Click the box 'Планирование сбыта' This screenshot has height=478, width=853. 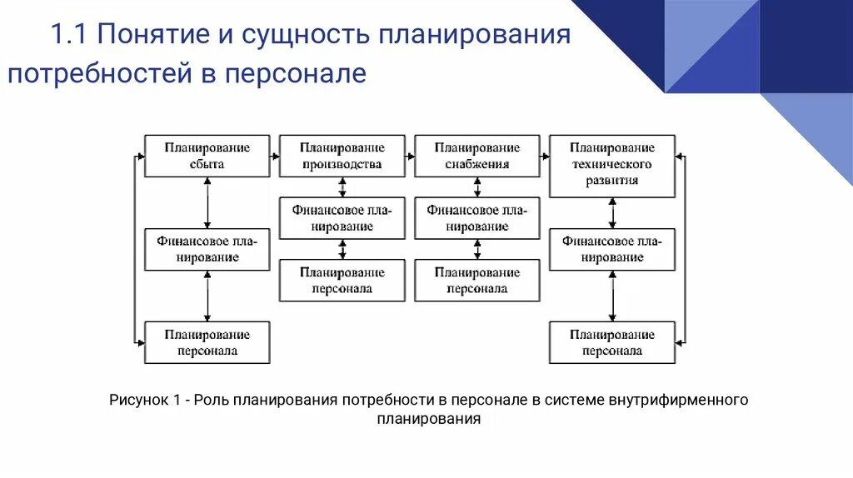tap(207, 156)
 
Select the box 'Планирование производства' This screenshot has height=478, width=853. tap(342, 156)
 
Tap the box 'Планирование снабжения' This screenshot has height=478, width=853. tap(476, 156)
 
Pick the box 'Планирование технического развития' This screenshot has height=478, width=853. tap(612, 164)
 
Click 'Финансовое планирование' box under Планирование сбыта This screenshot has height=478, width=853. tap(207, 249)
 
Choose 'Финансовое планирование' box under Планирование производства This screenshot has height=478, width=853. tap(342, 218)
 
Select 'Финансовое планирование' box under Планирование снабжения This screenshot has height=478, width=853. tap(476, 218)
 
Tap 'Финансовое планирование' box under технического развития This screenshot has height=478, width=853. tap(612, 249)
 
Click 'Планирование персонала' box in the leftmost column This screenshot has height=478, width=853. tap(207, 342)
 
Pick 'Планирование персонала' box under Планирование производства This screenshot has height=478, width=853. tap(342, 281)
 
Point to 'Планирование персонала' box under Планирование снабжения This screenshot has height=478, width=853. tap(476, 281)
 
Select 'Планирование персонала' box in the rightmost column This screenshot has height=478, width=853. tap(612, 342)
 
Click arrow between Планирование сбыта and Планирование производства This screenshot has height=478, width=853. tap(275, 156)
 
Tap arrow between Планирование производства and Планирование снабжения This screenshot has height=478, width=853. tap(410, 156)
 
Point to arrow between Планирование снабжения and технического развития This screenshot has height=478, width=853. tap(545, 156)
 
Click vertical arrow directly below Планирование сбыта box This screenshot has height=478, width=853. tap(207, 202)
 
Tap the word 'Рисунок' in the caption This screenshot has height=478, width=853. tap(138, 401)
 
